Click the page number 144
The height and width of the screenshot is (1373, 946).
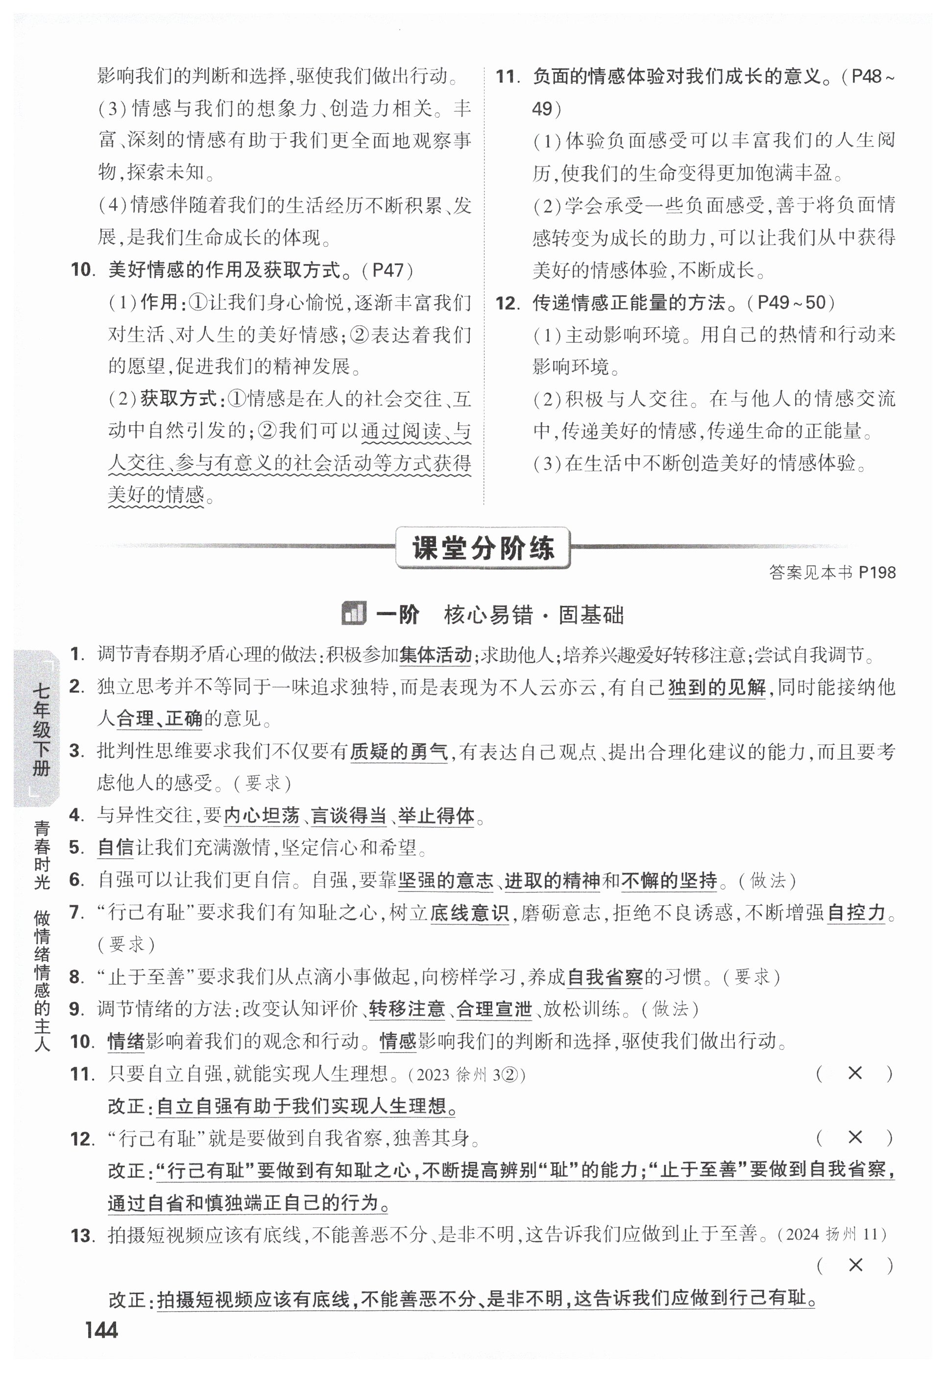(x=101, y=1330)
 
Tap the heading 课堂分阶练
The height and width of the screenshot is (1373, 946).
(x=483, y=548)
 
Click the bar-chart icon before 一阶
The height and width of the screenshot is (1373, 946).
(x=353, y=614)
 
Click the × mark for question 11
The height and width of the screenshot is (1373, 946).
(x=855, y=1073)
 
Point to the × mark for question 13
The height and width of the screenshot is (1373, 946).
(x=855, y=1265)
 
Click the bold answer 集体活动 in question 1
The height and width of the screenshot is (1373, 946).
(x=436, y=655)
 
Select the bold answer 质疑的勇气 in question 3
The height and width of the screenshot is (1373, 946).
(x=399, y=752)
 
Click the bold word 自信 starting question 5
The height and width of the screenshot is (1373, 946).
(x=116, y=848)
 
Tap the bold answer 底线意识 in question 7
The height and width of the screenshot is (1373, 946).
(x=469, y=913)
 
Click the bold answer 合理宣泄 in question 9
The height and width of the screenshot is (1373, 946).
(x=494, y=1009)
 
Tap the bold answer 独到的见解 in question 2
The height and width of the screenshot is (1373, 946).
(x=717, y=687)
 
